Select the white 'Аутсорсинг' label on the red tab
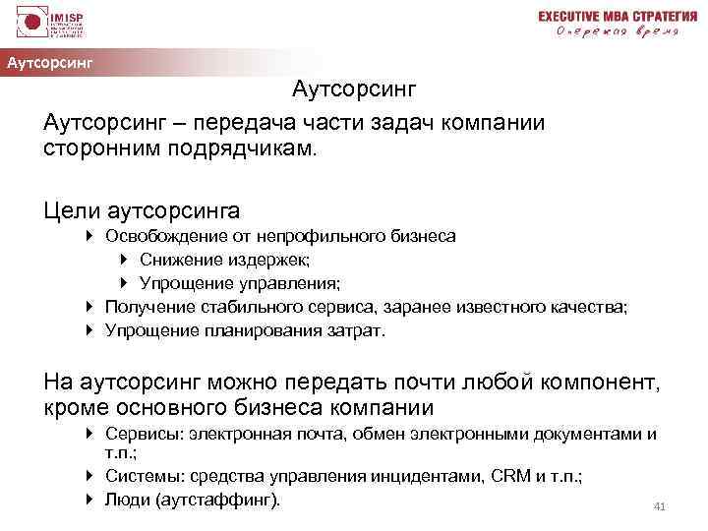click(50, 64)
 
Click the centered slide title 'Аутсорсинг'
click(355, 90)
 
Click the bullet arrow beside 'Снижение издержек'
click(123, 260)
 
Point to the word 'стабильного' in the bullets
click(254, 307)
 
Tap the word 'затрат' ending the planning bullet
click(359, 330)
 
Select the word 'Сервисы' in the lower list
click(140, 434)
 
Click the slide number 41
click(660, 506)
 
